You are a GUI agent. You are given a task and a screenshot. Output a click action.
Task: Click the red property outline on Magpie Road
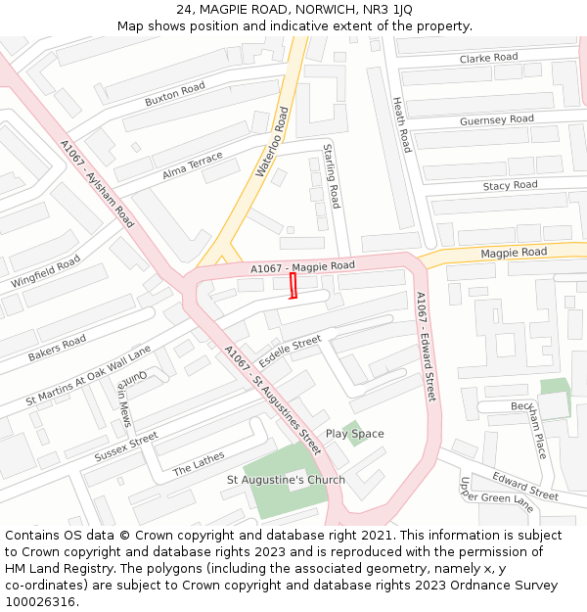293,286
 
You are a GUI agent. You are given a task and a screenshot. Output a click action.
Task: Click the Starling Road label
332,176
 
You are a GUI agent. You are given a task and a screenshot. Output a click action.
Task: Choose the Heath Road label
401,123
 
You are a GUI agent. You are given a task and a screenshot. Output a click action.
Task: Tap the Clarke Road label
488,58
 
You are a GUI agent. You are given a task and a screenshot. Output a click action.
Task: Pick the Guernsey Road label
496,120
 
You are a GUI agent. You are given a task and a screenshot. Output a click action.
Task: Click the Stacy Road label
510,185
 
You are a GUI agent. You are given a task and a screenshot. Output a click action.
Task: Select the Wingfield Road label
46,271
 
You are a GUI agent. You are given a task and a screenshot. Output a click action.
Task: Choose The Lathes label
199,462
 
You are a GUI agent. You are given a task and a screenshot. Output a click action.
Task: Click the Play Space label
354,434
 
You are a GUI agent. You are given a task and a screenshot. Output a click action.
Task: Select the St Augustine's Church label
286,480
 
